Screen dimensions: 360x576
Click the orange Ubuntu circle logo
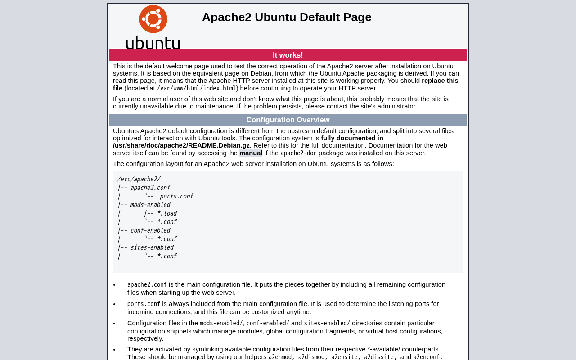(153, 19)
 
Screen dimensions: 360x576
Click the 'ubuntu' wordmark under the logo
(153, 43)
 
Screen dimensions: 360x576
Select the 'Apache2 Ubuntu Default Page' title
(287, 17)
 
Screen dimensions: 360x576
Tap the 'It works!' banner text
(288, 55)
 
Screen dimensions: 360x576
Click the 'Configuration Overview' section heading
(288, 120)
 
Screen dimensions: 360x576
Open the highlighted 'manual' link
(251, 153)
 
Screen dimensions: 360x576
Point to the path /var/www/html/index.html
(197, 89)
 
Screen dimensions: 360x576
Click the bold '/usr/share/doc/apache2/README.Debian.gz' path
(181, 146)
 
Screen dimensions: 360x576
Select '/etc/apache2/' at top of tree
(139, 179)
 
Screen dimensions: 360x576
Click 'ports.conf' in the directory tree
(176, 196)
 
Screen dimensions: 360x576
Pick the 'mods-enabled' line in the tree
(150, 205)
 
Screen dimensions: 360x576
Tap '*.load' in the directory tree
(166, 213)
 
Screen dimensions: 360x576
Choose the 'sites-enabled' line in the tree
(152, 247)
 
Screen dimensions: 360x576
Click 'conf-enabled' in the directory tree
(150, 230)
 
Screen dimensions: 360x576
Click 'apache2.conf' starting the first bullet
(147, 285)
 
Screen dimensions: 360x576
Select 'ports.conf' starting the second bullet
(144, 304)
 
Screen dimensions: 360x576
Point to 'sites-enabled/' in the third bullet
(327, 324)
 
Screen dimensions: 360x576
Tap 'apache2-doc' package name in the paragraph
(298, 153)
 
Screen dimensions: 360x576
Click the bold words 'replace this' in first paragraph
(440, 81)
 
